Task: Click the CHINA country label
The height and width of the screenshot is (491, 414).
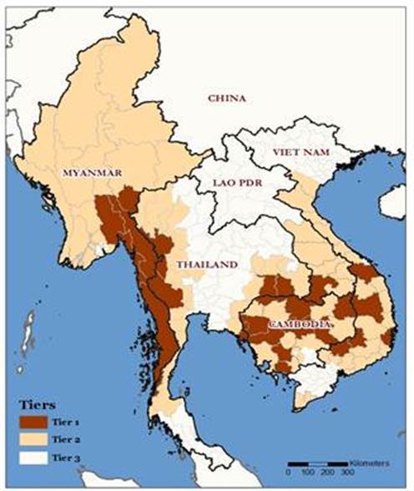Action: (x=226, y=99)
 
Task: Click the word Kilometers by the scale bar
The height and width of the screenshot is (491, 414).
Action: (x=372, y=462)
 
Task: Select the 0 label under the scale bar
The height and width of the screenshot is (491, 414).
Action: (x=289, y=473)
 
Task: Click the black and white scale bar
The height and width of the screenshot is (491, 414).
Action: (x=316, y=463)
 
